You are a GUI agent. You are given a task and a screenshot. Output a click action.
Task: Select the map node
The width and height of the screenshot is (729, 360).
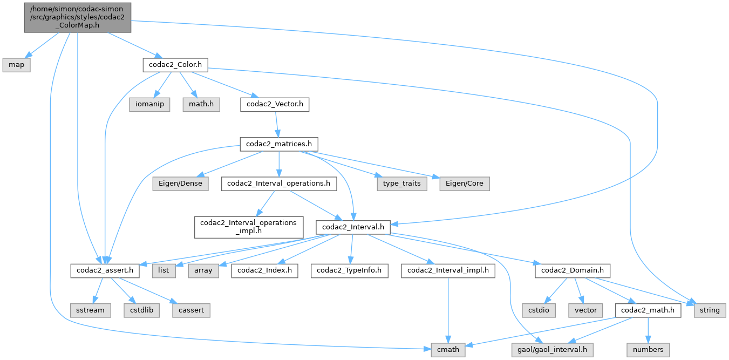16,65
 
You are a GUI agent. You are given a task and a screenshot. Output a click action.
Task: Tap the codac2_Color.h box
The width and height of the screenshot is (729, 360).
175,65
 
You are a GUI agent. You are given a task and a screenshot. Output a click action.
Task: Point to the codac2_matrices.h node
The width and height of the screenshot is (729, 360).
278,144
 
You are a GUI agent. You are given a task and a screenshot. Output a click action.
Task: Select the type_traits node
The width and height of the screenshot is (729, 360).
400,184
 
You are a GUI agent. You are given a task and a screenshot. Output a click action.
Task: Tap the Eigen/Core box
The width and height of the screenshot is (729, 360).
465,184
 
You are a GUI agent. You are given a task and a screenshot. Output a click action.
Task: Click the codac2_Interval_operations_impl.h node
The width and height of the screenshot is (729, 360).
248,227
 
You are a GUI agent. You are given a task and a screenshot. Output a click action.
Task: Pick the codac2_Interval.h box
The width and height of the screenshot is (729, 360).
353,227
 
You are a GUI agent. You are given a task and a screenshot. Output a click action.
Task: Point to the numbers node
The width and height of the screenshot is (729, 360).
648,349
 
